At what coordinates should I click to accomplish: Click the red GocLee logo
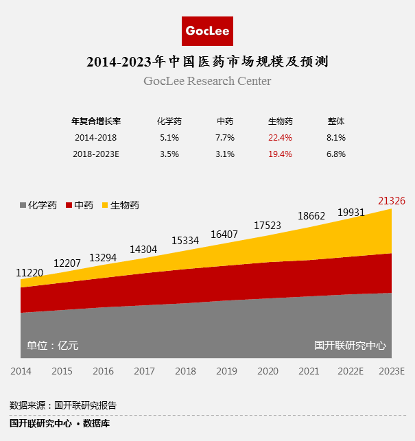click(x=207, y=31)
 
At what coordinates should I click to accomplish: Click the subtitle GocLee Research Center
click(x=207, y=82)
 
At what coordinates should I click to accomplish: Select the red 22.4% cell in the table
click(x=280, y=137)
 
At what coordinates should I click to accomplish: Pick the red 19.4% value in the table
click(x=280, y=154)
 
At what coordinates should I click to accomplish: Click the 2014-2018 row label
click(x=95, y=137)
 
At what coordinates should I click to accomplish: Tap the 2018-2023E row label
click(x=96, y=154)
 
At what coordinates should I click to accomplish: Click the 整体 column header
click(x=336, y=121)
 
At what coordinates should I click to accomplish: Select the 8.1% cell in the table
click(x=336, y=137)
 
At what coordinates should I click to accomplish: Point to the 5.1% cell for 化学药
click(x=169, y=137)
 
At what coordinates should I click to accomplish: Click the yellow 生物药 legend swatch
click(x=105, y=205)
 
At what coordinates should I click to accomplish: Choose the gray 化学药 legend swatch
click(x=23, y=205)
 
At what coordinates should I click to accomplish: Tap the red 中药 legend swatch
click(x=69, y=205)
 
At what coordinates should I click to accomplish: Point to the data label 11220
click(x=29, y=272)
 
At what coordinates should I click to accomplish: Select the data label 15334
click(x=185, y=241)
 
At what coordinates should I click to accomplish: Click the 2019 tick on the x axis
click(x=226, y=371)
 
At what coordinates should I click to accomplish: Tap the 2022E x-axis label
click(x=351, y=371)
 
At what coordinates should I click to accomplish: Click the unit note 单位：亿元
click(x=52, y=346)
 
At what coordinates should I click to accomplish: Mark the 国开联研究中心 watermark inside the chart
click(x=350, y=346)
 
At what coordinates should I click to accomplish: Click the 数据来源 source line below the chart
click(x=63, y=405)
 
